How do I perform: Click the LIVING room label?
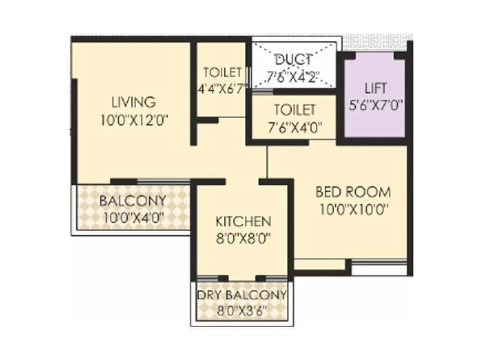[x=133, y=102]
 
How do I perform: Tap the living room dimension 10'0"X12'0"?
[x=133, y=120]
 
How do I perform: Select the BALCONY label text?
[x=133, y=200]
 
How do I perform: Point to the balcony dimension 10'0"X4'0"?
[x=133, y=217]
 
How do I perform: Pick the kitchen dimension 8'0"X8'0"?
[x=243, y=238]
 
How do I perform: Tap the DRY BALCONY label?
[x=242, y=295]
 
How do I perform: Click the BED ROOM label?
[x=353, y=193]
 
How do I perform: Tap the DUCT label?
[x=293, y=59]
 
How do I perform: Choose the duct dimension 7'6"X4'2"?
[x=293, y=76]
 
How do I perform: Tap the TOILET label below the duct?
[x=294, y=110]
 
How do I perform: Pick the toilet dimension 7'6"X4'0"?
[x=294, y=127]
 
